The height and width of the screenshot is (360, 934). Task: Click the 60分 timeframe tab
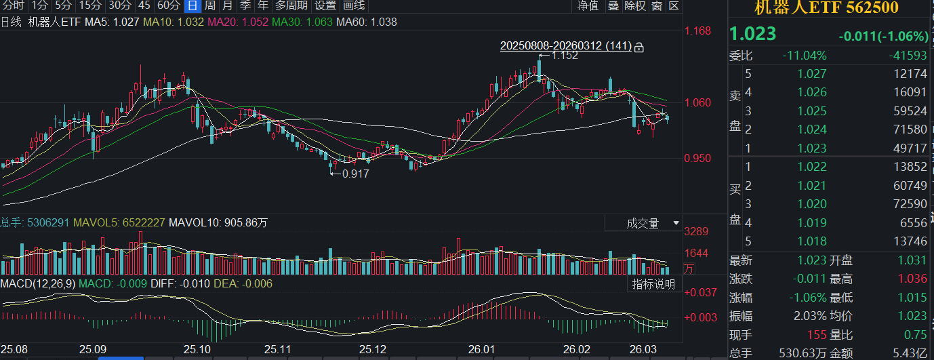(169, 5)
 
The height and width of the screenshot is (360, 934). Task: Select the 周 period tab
(211, 5)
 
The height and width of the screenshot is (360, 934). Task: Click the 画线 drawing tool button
(354, 5)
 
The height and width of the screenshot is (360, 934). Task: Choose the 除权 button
(635, 6)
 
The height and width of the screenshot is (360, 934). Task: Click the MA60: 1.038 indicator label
(366, 22)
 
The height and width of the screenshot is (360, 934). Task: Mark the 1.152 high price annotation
(565, 56)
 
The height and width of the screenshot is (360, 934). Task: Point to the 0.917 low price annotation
(355, 174)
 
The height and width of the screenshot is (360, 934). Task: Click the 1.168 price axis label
(697, 31)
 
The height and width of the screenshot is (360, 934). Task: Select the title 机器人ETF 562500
(827, 7)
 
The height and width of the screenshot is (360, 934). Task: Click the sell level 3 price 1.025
(812, 111)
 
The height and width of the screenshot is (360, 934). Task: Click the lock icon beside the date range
(638, 47)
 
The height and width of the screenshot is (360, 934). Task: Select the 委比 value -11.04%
(805, 56)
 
